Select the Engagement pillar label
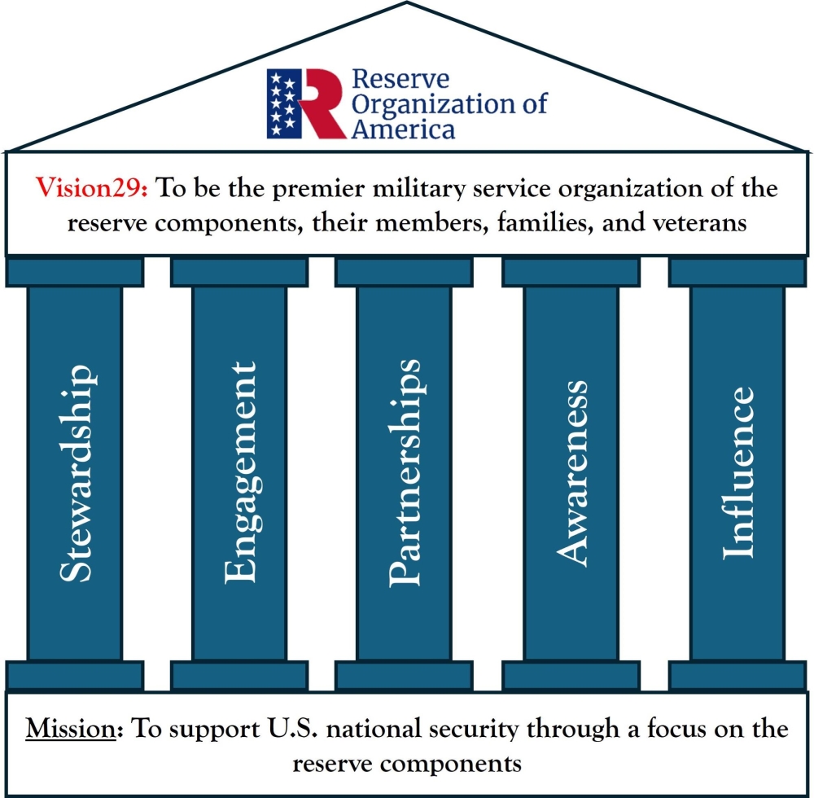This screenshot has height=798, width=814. tap(239, 474)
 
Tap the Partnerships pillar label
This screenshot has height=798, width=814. tap(405, 472)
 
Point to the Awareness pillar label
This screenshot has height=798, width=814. tap(571, 472)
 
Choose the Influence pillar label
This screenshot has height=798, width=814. tap(737, 472)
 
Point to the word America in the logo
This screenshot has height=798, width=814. tap(403, 129)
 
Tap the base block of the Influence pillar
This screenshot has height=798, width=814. tap(737, 675)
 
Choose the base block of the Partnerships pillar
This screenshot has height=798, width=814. tap(405, 675)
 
